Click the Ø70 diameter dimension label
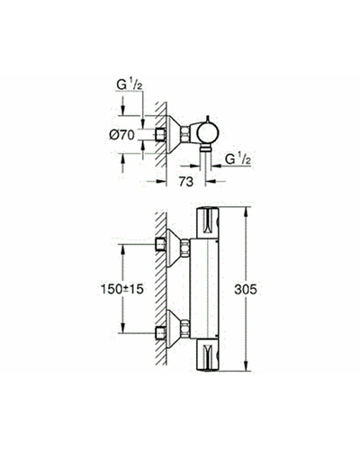click(121, 135)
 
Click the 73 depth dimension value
click(186, 181)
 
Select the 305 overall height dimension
click(246, 290)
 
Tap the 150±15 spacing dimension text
click(122, 289)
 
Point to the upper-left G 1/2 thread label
click(129, 85)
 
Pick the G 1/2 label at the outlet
click(238, 159)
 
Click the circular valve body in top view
click(209, 132)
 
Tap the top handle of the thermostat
click(208, 223)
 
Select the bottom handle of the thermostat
click(208, 355)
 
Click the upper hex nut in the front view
click(185, 247)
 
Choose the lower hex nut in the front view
click(185, 328)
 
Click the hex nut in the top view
click(185, 134)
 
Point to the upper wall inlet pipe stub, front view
click(161, 245)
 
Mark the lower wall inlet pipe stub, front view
click(161, 333)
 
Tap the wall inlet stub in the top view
click(161, 134)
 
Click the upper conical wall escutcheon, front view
click(174, 247)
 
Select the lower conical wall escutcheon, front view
click(174, 328)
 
